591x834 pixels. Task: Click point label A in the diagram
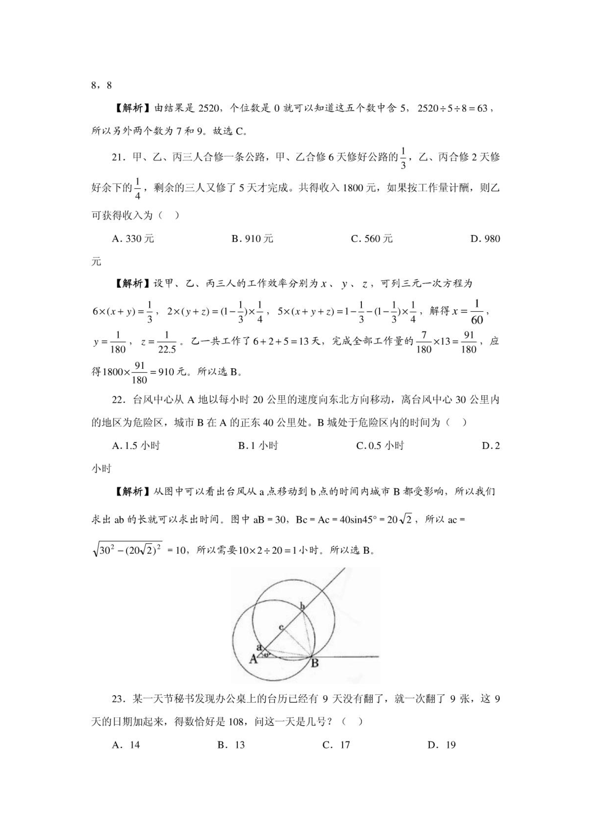[253, 659]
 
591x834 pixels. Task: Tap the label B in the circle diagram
[315, 662]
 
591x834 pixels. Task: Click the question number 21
[117, 157]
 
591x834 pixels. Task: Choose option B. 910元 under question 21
[252, 239]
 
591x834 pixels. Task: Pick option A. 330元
[133, 239]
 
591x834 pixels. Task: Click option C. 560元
[372, 239]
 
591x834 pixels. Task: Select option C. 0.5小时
[380, 446]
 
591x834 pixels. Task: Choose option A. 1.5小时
[136, 446]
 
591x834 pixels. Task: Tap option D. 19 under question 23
[441, 745]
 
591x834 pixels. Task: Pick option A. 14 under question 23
[126, 745]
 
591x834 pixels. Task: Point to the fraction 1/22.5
[167, 342]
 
